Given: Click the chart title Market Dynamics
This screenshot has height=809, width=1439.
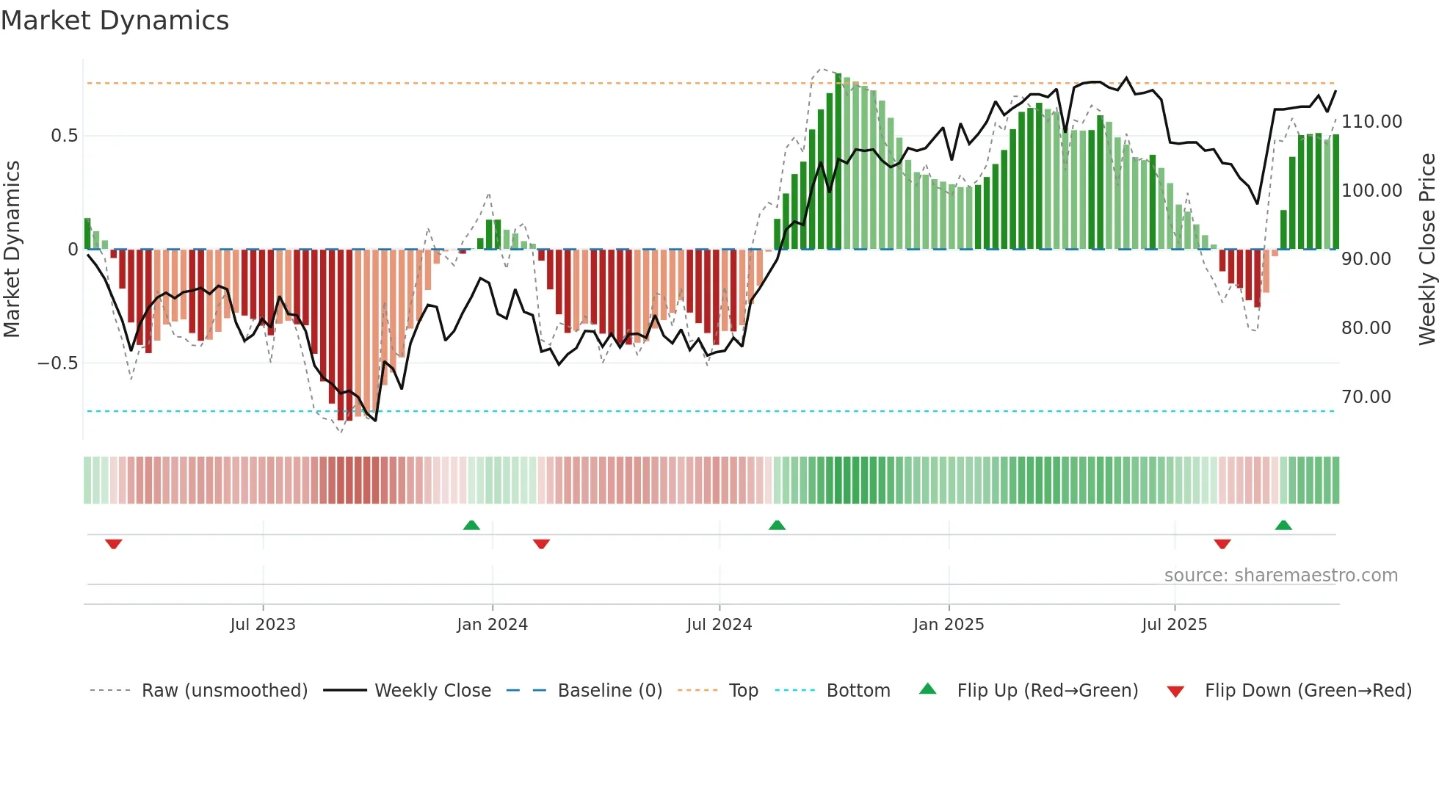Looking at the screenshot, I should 115,21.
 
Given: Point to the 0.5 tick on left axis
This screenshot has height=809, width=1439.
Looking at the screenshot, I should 64,136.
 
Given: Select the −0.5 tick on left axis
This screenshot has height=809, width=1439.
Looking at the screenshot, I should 58,363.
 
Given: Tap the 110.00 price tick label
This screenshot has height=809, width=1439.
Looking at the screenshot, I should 1371,122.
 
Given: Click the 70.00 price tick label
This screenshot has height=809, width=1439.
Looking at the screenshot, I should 1366,397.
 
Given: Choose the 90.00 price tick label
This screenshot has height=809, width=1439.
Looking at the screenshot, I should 1366,259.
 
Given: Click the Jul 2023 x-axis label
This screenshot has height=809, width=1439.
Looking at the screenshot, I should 263,625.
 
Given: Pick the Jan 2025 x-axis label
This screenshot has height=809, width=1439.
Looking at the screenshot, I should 949,625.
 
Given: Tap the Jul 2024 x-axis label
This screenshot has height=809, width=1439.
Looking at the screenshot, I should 719,625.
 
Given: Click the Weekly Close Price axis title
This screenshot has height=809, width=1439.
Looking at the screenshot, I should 1427,250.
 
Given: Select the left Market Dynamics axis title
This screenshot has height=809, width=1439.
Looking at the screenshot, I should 12,250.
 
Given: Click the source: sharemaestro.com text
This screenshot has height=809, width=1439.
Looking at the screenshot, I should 1281,576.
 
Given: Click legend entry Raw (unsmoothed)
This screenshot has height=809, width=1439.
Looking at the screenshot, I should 224,691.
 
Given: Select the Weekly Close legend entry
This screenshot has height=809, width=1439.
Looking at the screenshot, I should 432,691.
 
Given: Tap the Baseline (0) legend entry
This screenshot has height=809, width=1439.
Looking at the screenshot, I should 609,691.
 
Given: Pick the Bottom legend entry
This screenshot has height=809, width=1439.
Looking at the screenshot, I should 858,691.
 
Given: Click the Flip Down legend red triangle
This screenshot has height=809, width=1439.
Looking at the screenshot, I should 1175,692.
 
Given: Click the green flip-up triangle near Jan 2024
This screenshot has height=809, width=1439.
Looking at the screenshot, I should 471,526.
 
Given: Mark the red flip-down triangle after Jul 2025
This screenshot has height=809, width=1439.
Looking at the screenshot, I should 1222,544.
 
